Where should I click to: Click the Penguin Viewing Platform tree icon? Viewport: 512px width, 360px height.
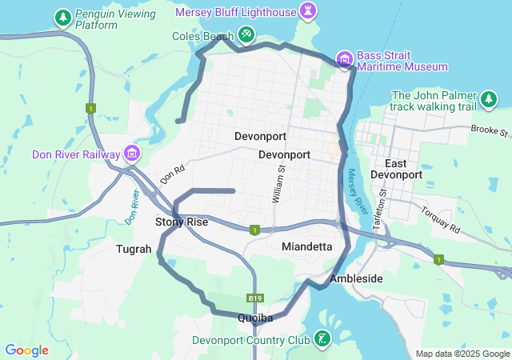[x=62, y=17]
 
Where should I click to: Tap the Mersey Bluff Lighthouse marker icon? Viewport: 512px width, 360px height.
[x=307, y=11]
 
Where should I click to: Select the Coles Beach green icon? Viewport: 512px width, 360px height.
[x=246, y=34]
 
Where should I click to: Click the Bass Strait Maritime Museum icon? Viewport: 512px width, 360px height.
[x=345, y=58]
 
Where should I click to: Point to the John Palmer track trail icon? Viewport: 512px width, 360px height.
[x=490, y=98]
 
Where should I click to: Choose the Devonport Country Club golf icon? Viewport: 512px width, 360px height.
[x=322, y=339]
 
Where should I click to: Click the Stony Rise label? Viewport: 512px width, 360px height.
[x=182, y=222]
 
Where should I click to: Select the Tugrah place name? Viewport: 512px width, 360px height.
[x=134, y=249]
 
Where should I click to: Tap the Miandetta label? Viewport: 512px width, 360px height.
[x=307, y=246]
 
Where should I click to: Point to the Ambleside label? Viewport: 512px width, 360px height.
[x=357, y=278]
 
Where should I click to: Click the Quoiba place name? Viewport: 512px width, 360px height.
[x=255, y=318]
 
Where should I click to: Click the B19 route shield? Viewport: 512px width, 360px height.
[x=255, y=298]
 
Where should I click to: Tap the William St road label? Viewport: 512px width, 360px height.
[x=280, y=183]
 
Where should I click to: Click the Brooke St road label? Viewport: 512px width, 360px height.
[x=490, y=130]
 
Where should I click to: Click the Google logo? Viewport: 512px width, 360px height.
[x=26, y=350]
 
